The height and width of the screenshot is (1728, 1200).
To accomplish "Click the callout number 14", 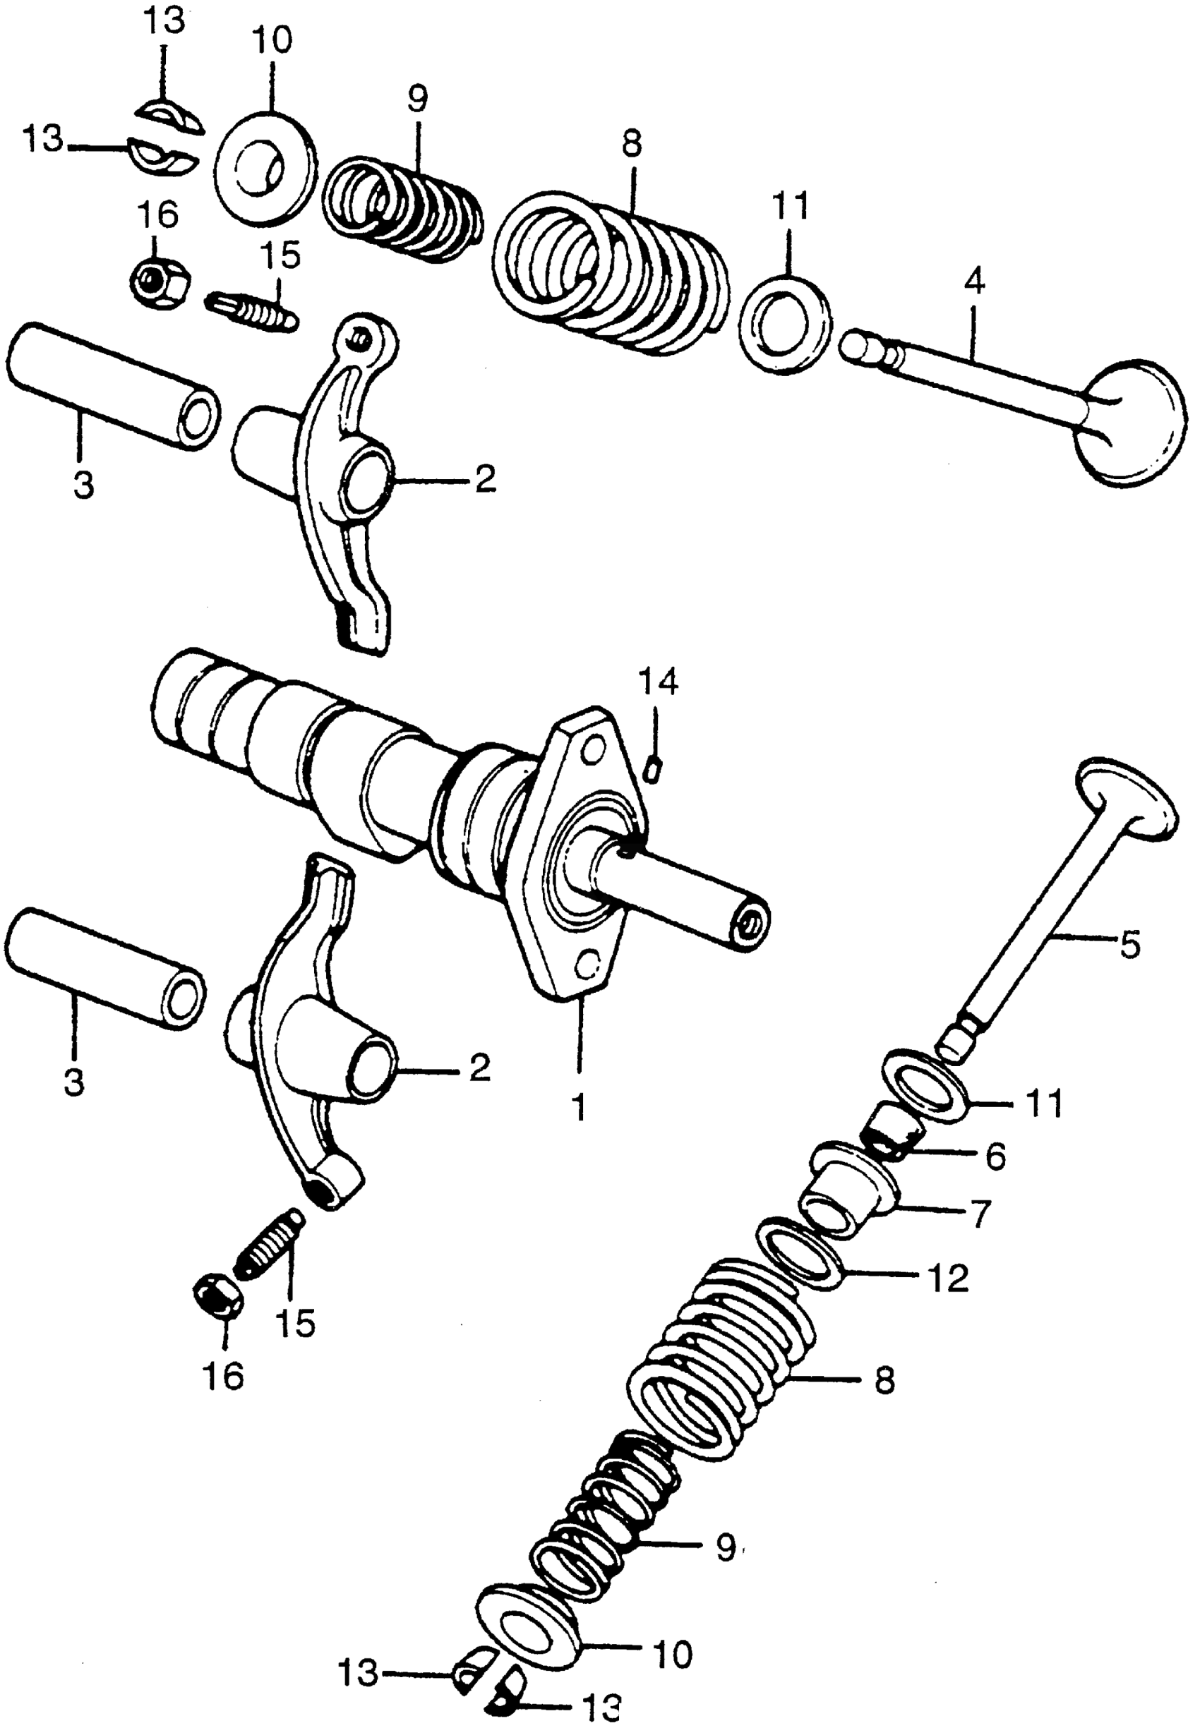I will point(658,683).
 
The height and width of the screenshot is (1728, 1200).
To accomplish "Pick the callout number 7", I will point(978,1214).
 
